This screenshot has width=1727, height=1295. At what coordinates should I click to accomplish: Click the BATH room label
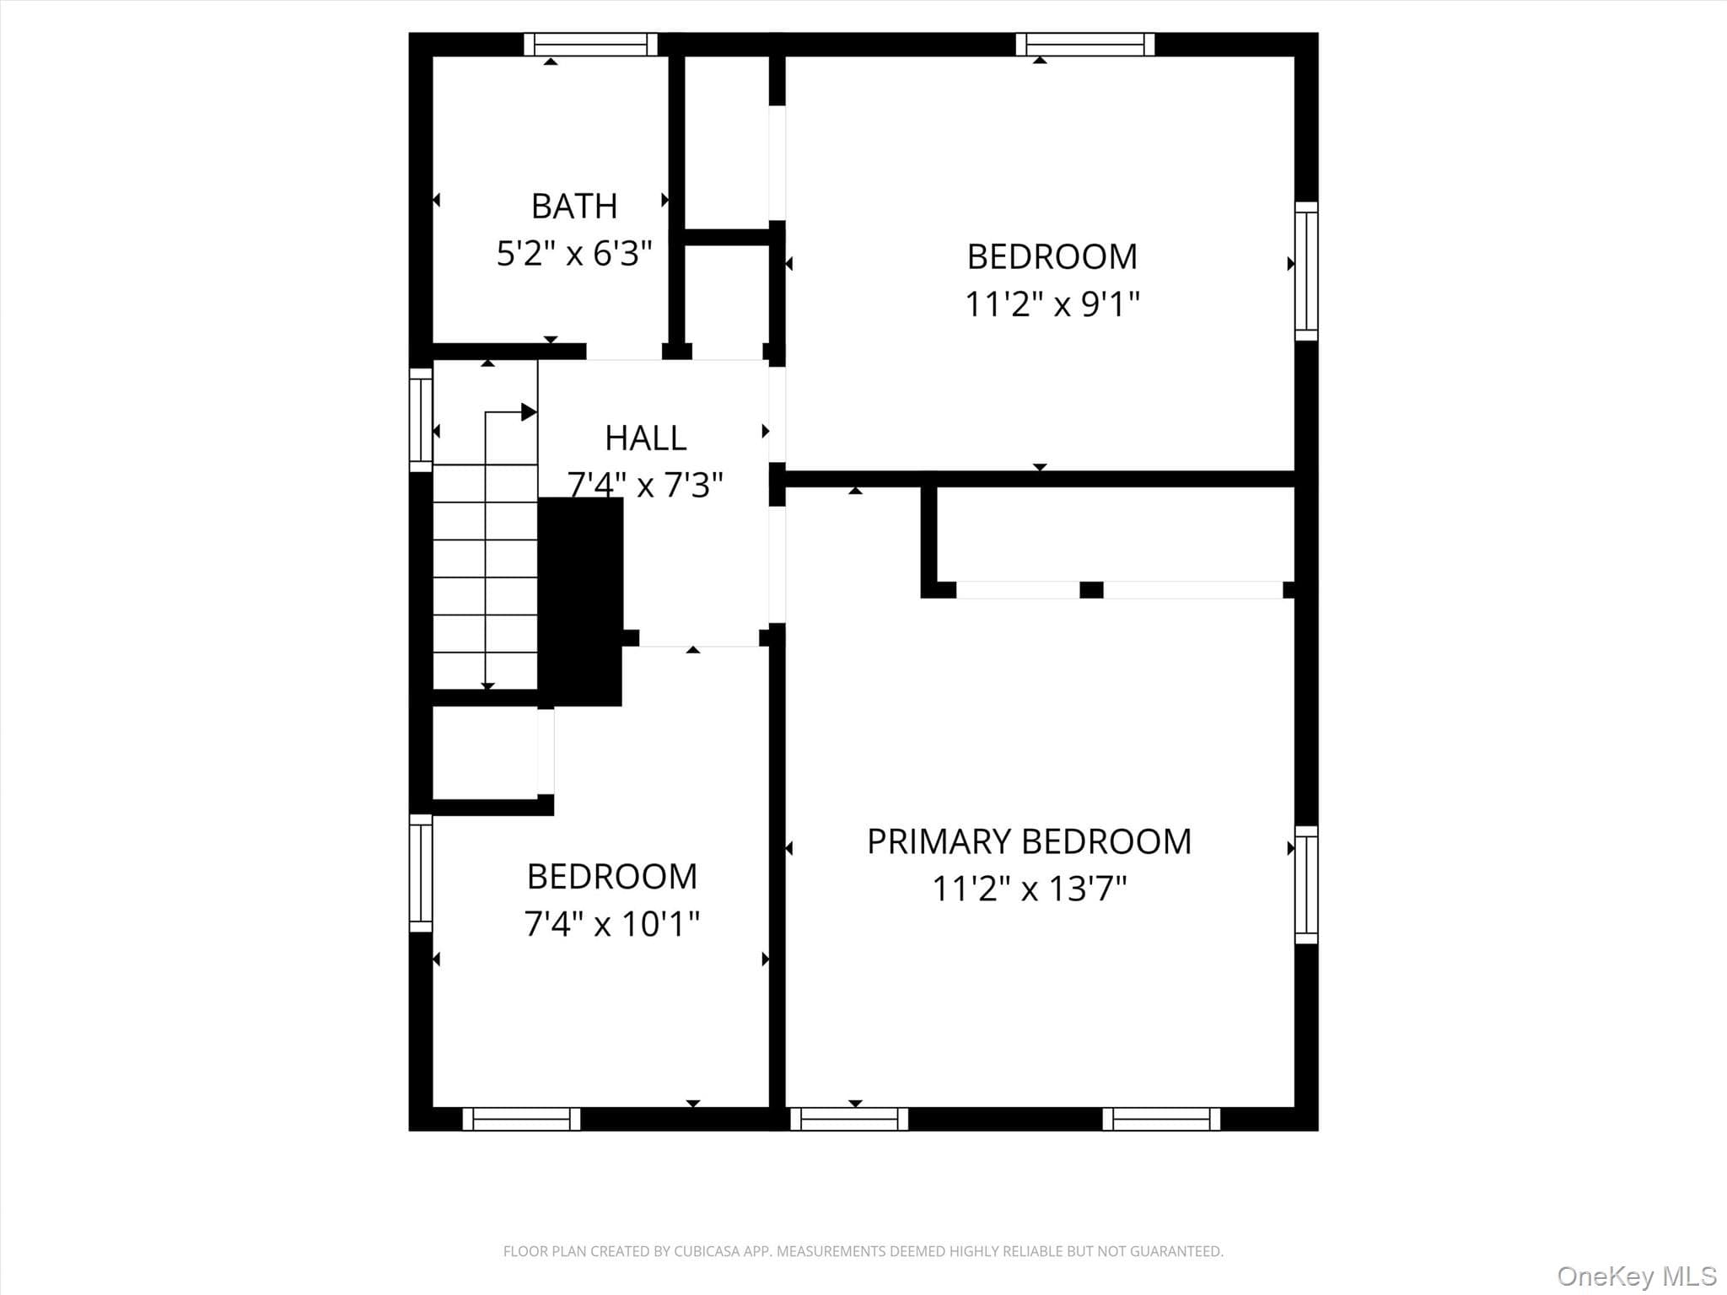click(574, 207)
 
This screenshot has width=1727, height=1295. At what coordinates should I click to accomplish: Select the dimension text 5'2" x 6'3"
click(574, 253)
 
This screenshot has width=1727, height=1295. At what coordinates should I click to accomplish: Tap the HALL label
click(646, 438)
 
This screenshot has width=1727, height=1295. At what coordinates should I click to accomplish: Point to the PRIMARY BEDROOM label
click(1030, 841)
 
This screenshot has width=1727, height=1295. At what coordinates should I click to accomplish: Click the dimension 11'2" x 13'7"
click(1030, 889)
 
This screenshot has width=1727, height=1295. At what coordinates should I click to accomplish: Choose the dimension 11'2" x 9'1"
click(1052, 304)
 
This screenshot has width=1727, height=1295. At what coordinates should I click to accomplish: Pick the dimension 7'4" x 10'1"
click(612, 924)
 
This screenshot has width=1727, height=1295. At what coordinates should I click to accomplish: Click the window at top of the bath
click(590, 44)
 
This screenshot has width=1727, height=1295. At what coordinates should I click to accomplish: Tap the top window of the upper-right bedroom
click(1085, 44)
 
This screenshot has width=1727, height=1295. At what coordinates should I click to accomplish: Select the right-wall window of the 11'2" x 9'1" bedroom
click(1306, 271)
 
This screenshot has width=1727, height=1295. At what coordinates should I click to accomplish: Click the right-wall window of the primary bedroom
click(1306, 884)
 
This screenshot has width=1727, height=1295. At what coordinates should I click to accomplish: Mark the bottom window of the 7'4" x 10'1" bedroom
click(522, 1119)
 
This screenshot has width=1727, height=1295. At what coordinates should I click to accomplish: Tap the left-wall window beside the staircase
click(421, 419)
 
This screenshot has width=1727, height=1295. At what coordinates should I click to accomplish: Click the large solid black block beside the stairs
click(581, 601)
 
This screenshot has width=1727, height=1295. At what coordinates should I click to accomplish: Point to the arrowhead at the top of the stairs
click(530, 412)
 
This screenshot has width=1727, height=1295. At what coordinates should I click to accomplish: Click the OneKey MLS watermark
click(1637, 1276)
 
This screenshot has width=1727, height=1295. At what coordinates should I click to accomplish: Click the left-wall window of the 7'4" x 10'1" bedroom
click(421, 873)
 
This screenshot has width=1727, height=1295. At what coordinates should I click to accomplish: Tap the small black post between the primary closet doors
click(1091, 590)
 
